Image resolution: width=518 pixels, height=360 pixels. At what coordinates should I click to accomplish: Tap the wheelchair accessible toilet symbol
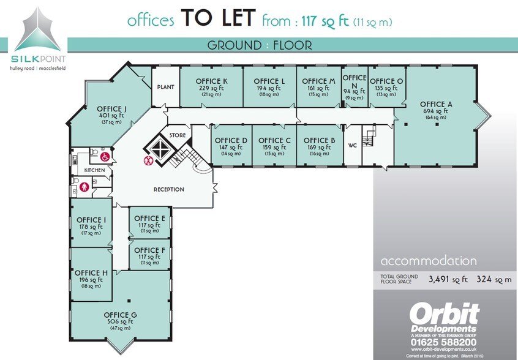pyautogui.click(x=105, y=157)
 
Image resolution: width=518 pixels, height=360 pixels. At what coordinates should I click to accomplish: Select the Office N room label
pyautogui.click(x=355, y=81)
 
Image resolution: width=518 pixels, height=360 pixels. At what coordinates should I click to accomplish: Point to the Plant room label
pyautogui.click(x=165, y=87)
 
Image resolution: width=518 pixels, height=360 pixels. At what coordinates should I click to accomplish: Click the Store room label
pyautogui.click(x=178, y=135)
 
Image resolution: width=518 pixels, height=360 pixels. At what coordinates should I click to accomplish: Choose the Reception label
pyautogui.click(x=169, y=189)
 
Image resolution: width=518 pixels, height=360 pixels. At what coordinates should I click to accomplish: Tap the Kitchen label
pyautogui.click(x=94, y=170)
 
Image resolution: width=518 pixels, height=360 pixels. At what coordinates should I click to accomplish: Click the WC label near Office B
pyautogui.click(x=353, y=145)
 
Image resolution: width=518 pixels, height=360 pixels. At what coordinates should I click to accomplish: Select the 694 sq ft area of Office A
pyautogui.click(x=436, y=111)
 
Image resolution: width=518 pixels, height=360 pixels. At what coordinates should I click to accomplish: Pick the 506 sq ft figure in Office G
pyautogui.click(x=120, y=321)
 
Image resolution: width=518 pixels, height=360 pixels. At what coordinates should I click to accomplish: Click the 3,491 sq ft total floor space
pyautogui.click(x=448, y=279)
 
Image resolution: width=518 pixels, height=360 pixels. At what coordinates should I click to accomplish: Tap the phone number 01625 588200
pyautogui.click(x=444, y=342)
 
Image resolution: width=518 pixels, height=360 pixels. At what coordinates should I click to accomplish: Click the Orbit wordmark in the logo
pyautogui.click(x=445, y=315)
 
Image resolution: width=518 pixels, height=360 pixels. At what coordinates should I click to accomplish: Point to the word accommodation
pyautogui.click(x=429, y=261)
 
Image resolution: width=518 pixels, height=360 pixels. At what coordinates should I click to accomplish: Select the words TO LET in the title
pyautogui.click(x=219, y=18)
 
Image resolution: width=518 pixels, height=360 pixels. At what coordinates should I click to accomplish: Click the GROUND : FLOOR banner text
pyautogui.click(x=260, y=45)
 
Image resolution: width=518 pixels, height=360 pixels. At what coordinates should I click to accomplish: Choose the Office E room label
pyautogui.click(x=149, y=219)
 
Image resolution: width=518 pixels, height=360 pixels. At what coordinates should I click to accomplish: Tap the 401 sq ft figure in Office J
pyautogui.click(x=111, y=115)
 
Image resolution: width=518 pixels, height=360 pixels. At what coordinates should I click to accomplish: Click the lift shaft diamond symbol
pyautogui.click(x=160, y=149)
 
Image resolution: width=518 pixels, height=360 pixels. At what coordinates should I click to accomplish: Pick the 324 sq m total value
pyautogui.click(x=494, y=279)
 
